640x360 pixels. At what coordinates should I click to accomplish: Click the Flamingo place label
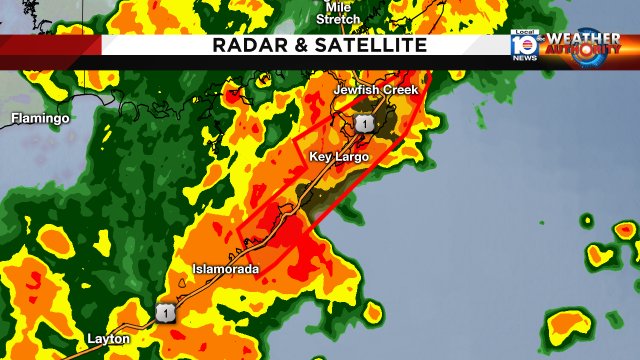pos(40,118)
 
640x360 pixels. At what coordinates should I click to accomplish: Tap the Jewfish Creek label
pos(375,90)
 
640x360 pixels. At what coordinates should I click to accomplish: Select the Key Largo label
pos(339,157)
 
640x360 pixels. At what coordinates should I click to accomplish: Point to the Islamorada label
pos(226,270)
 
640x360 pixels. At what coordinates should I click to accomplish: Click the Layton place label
pos(107,339)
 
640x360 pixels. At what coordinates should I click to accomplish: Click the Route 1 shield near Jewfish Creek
pos(364,123)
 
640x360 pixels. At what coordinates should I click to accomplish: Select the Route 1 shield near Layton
pos(163,312)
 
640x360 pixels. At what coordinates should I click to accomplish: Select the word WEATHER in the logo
pos(583,40)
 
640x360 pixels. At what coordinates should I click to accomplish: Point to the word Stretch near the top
pos(338,18)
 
